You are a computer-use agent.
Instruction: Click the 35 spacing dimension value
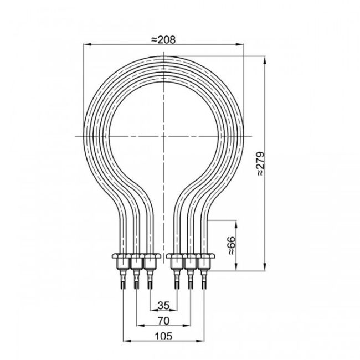point(163,305)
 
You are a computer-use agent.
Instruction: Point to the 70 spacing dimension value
point(163,320)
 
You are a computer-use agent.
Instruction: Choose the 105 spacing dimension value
point(163,335)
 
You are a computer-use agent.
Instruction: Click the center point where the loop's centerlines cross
point(163,135)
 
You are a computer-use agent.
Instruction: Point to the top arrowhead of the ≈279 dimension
point(266,58)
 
